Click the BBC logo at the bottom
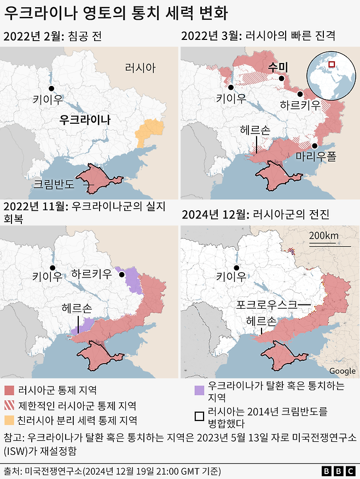pos(338,470)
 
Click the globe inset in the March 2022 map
pos(330,76)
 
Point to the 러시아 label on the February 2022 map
pos(140,68)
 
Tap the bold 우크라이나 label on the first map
pos(85,119)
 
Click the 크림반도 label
pos(54,184)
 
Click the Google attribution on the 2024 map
pos(342,371)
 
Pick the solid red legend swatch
pos(9,390)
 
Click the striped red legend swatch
pos(9,406)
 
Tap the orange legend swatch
pos(9,420)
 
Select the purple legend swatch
pos(200,390)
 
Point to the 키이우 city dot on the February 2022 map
pos(51,88)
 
